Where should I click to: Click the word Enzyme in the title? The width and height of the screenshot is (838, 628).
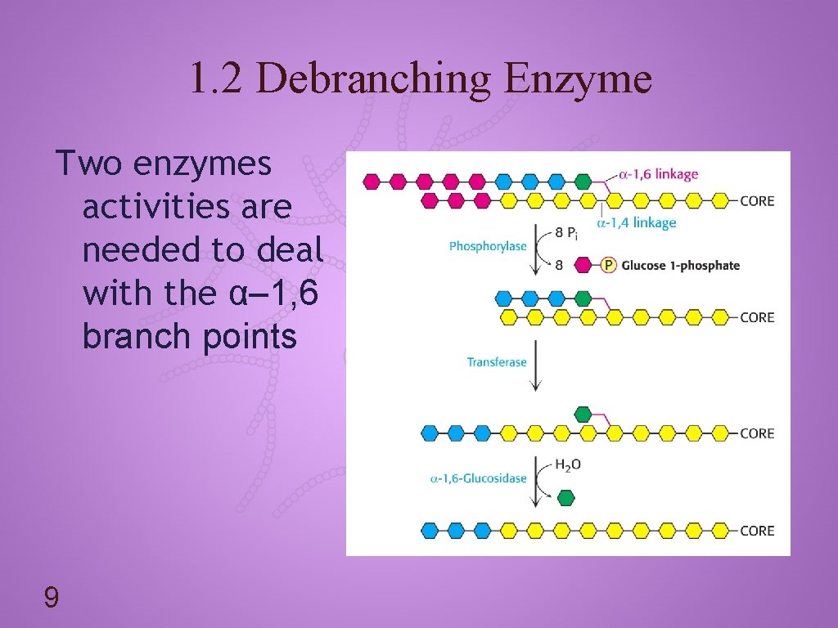point(578,78)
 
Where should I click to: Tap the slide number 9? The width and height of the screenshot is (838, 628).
point(51,599)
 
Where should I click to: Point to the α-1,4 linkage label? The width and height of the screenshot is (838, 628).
point(637,222)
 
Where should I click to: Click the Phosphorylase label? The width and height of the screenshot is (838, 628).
point(488,246)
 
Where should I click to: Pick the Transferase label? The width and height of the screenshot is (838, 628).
point(497,362)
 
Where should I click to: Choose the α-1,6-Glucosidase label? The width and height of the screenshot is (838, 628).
point(479,478)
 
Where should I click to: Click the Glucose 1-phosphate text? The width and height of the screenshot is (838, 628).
point(680,265)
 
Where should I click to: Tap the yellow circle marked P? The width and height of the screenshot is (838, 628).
point(608,265)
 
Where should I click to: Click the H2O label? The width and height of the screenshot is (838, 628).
point(568,465)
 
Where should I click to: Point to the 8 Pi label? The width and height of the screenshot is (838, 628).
point(566,233)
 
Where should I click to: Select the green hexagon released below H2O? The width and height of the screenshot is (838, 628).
point(565,497)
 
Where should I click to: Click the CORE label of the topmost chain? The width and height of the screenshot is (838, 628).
point(757,201)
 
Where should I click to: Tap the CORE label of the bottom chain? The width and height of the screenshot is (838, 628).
point(757,531)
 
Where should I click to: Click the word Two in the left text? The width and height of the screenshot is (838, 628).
point(88,164)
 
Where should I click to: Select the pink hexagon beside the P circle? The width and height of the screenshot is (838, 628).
point(583,265)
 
